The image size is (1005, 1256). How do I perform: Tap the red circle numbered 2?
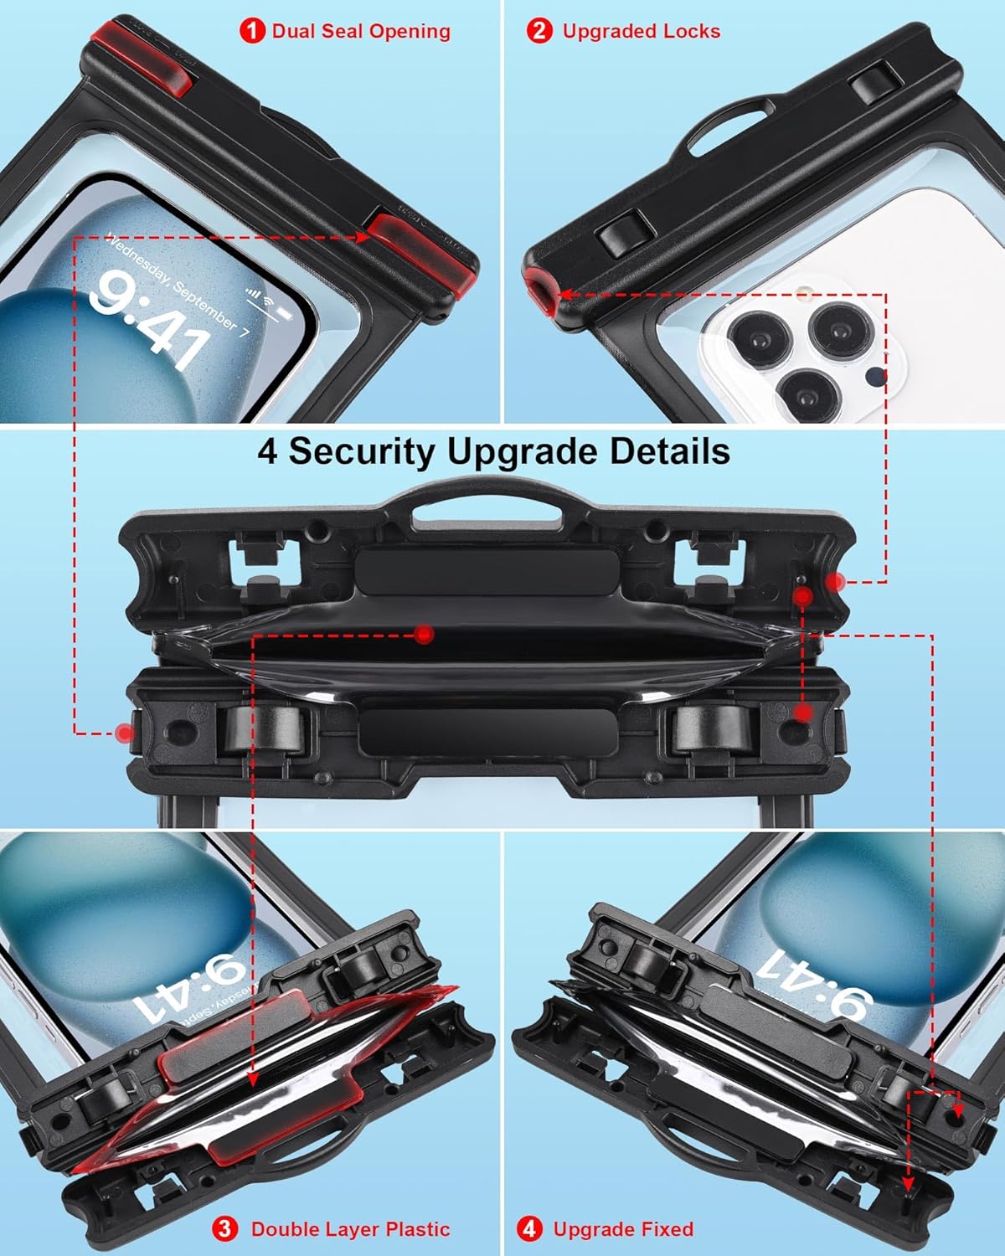[x=539, y=32]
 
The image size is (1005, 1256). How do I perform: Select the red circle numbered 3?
[x=224, y=1229]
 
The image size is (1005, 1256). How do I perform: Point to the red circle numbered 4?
[x=529, y=1229]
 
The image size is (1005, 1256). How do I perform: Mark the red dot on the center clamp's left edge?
[x=126, y=734]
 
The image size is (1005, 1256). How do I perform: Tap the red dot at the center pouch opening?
[x=425, y=634]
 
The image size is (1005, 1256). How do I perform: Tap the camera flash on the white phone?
[x=807, y=295]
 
